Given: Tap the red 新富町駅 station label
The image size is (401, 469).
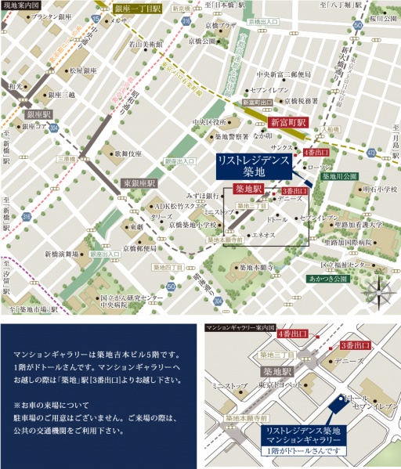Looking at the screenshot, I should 286,123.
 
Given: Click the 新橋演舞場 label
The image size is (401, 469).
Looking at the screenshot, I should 63,254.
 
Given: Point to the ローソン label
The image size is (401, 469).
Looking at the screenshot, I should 320,167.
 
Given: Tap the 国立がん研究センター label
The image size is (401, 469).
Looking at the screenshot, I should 132,298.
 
